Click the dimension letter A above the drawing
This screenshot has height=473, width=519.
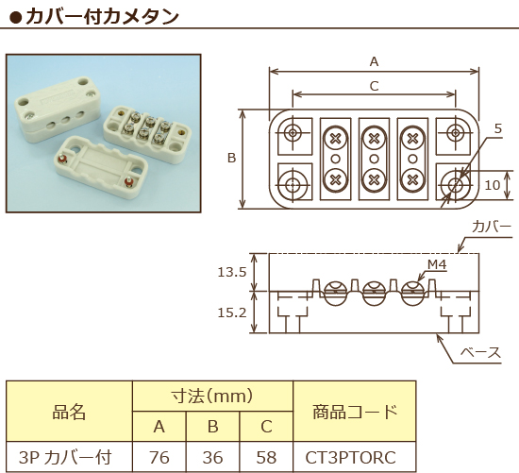click(x=374, y=61)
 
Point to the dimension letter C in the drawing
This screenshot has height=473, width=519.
click(x=374, y=86)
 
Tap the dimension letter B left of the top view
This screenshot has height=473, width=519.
click(x=231, y=159)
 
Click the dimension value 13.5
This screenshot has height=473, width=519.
click(x=231, y=272)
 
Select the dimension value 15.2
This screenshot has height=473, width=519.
click(x=231, y=313)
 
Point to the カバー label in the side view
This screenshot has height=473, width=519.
click(x=491, y=228)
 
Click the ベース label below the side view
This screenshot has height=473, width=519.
click(x=479, y=353)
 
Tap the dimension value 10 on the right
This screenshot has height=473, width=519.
click(x=492, y=185)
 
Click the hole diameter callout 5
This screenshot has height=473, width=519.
click(x=497, y=128)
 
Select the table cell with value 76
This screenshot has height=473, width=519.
click(x=159, y=458)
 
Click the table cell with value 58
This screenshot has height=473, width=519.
click(x=266, y=458)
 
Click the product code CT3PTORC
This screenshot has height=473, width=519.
click(x=352, y=458)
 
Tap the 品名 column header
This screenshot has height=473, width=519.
click(x=69, y=412)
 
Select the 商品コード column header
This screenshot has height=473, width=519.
click(x=353, y=412)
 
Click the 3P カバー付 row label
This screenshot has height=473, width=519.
click(x=69, y=458)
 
